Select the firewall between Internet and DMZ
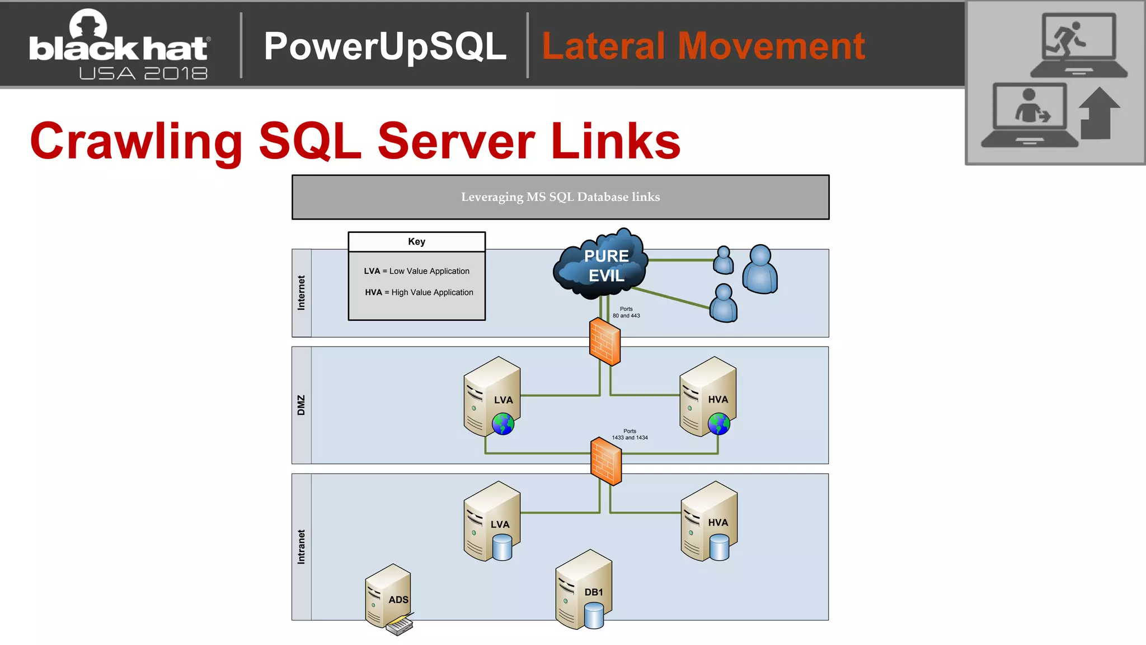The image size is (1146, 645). click(604, 342)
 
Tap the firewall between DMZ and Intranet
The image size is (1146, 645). click(606, 461)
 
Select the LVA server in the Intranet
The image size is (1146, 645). click(491, 520)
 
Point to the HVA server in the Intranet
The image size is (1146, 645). click(708, 520)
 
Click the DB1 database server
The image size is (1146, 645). click(583, 589)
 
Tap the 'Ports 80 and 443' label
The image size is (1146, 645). click(626, 312)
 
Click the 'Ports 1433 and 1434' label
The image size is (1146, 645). click(630, 434)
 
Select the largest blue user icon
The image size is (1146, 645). click(760, 269)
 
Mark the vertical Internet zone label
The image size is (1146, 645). click(302, 293)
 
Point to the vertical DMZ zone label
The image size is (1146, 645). click(302, 405)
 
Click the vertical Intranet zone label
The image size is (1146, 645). click(302, 547)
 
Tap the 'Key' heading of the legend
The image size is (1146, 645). click(416, 242)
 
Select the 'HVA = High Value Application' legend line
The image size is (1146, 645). click(419, 292)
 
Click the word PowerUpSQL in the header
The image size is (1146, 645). click(385, 46)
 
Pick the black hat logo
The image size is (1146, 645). click(120, 45)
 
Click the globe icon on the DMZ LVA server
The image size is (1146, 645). click(503, 424)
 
